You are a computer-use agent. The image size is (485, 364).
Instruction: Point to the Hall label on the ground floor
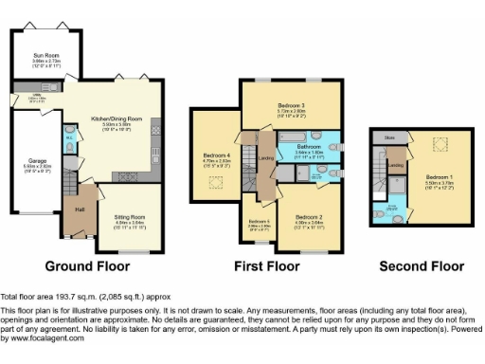tap(81, 209)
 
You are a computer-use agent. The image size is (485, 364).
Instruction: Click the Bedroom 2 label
tap(308, 217)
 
